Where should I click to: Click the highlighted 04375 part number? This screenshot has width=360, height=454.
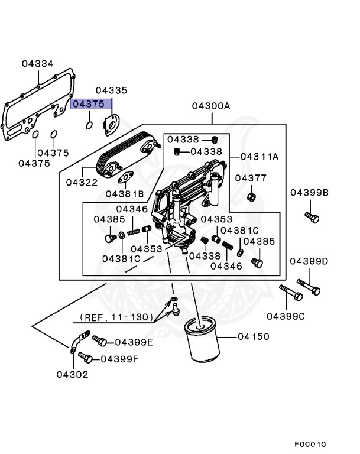[89, 104]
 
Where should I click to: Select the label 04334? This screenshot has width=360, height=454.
[38, 63]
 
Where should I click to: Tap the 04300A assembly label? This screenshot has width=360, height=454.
[210, 106]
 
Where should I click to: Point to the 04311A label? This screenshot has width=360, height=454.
[260, 157]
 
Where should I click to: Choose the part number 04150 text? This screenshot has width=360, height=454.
[253, 336]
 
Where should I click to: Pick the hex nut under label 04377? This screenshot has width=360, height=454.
[250, 196]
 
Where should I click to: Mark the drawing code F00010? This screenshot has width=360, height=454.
[310, 444]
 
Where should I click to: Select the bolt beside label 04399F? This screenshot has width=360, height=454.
[85, 358]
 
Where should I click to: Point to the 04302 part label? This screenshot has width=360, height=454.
[72, 374]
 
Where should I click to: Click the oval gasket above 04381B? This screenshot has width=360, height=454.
[125, 177]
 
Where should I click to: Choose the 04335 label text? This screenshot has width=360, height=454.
[111, 90]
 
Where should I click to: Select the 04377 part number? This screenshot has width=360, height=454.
[251, 178]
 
